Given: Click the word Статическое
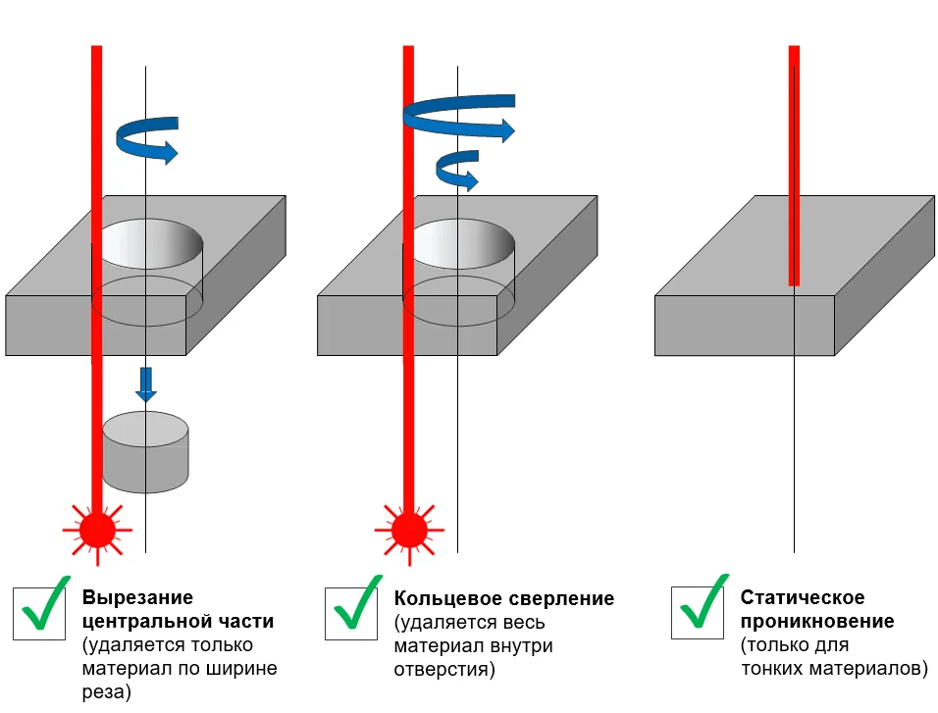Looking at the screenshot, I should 802,598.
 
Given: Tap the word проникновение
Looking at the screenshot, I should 817,622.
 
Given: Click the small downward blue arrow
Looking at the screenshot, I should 145,383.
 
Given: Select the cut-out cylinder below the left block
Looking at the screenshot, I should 145,452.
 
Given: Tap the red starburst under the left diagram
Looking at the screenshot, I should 96,530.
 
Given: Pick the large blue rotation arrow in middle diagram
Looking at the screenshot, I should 459,116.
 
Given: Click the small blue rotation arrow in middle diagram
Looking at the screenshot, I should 456,170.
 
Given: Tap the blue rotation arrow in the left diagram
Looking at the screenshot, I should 147,138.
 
